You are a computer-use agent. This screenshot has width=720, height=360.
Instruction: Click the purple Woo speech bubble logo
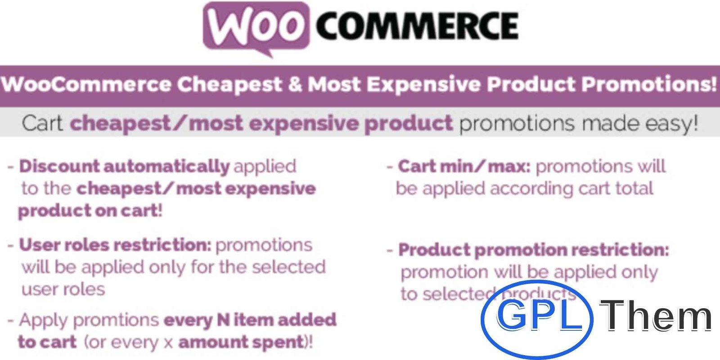pyautogui.click(x=256, y=27)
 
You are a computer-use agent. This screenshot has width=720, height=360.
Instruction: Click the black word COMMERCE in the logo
pyautogui.click(x=417, y=25)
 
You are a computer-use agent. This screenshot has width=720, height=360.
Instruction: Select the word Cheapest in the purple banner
pyautogui.click(x=229, y=84)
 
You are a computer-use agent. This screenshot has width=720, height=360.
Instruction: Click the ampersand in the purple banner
pyautogui.click(x=295, y=84)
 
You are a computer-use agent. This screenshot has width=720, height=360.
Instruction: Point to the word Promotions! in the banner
pyautogui.click(x=650, y=84)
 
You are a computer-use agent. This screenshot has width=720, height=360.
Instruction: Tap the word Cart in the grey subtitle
pyautogui.click(x=42, y=123)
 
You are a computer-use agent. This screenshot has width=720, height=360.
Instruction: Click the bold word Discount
pyautogui.click(x=59, y=166)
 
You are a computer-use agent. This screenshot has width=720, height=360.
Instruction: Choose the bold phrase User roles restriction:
pyautogui.click(x=115, y=245)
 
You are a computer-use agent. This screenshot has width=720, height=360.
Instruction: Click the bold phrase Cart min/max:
pyautogui.click(x=464, y=166)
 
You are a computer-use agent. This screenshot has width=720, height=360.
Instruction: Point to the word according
pyautogui.click(x=531, y=189)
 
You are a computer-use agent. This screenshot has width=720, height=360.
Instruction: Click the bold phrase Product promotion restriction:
pyautogui.click(x=534, y=250)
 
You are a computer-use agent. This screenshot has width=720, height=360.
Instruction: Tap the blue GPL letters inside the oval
pyautogui.click(x=540, y=315)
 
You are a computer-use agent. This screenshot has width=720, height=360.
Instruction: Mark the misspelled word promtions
pyautogui.click(x=116, y=320)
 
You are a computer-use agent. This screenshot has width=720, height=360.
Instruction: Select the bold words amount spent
pyautogui.click(x=241, y=342)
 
